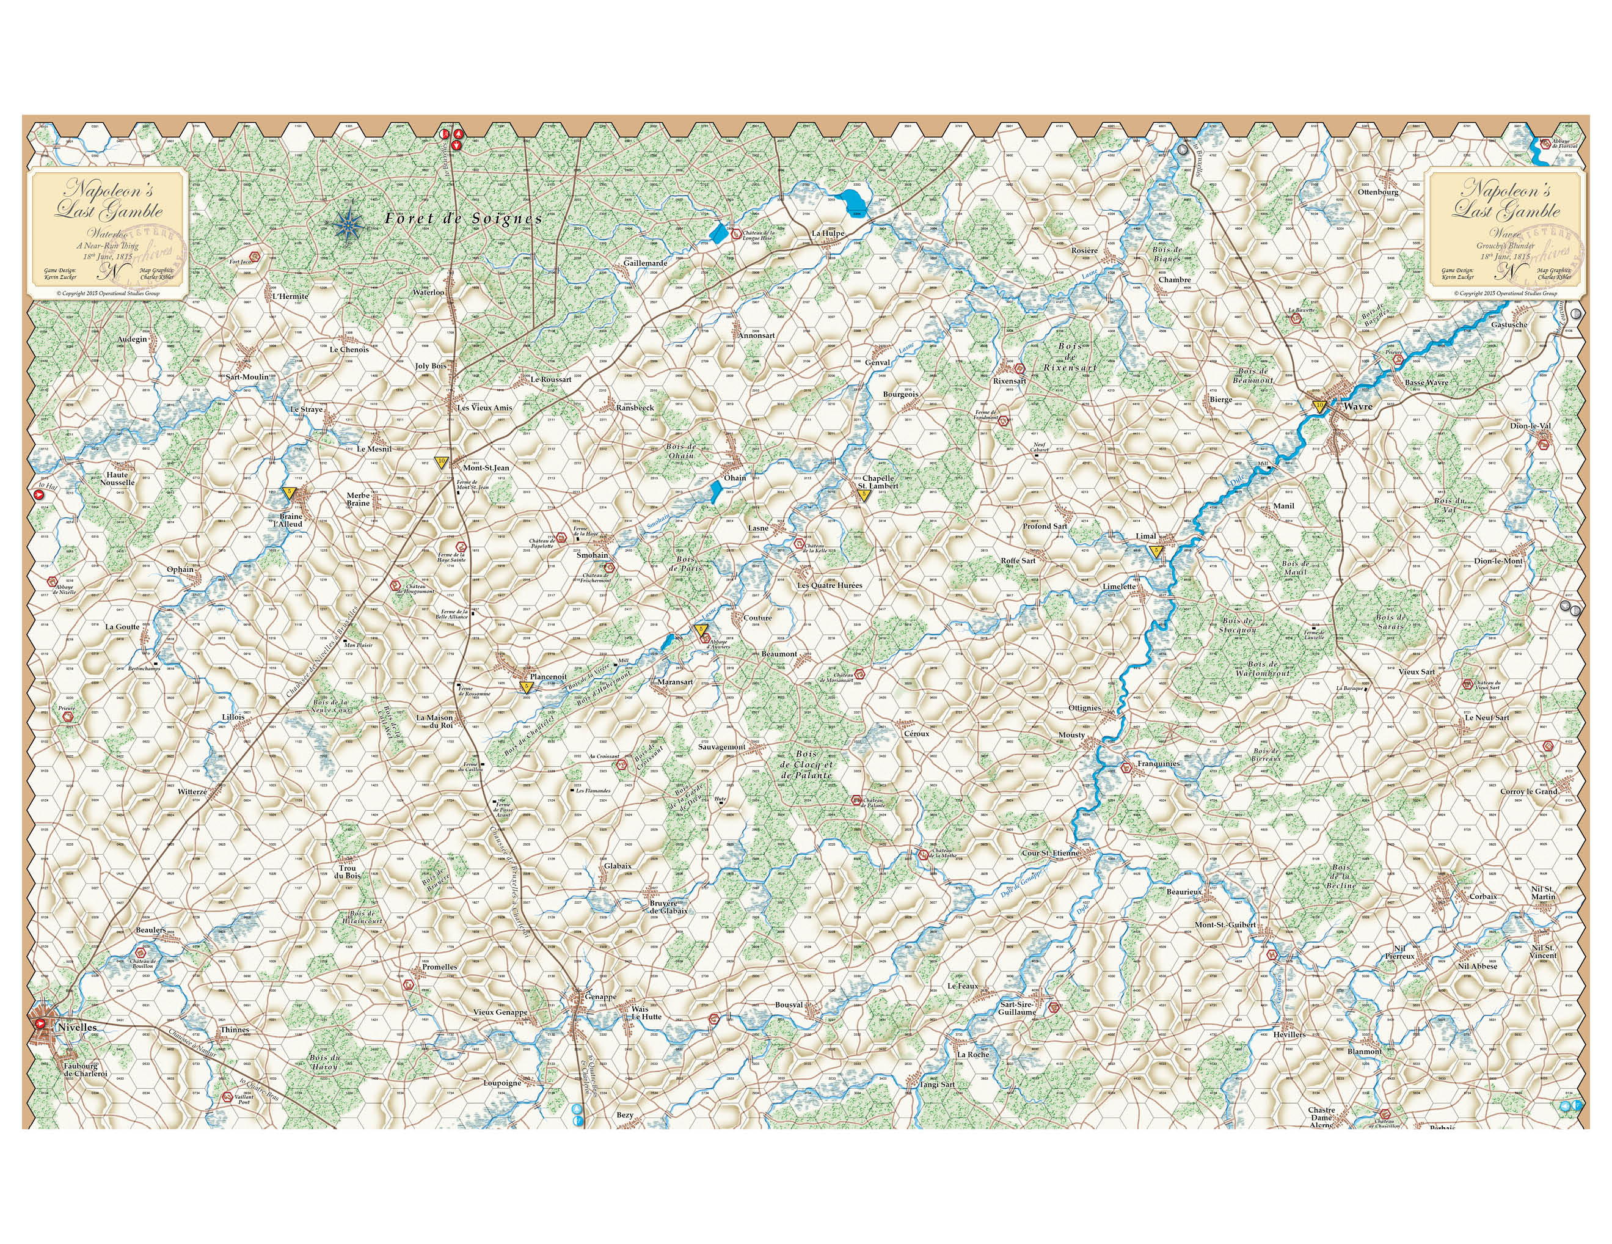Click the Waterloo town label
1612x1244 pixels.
point(428,292)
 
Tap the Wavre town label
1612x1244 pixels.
point(1358,407)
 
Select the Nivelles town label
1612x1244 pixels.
point(77,1027)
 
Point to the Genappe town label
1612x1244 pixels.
point(600,997)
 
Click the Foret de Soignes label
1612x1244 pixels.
point(464,219)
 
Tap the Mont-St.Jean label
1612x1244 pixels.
point(486,468)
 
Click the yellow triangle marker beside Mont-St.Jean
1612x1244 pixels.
point(442,461)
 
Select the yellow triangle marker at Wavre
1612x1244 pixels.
point(1319,405)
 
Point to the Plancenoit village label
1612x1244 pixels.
point(549,677)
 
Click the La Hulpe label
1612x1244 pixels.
point(828,233)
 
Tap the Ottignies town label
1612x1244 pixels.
point(1084,708)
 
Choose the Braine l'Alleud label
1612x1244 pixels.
point(290,520)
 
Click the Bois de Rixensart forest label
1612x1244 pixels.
point(1070,357)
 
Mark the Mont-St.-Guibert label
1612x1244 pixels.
point(1225,924)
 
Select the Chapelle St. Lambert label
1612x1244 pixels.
point(878,482)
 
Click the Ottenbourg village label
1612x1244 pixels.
point(1378,192)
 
